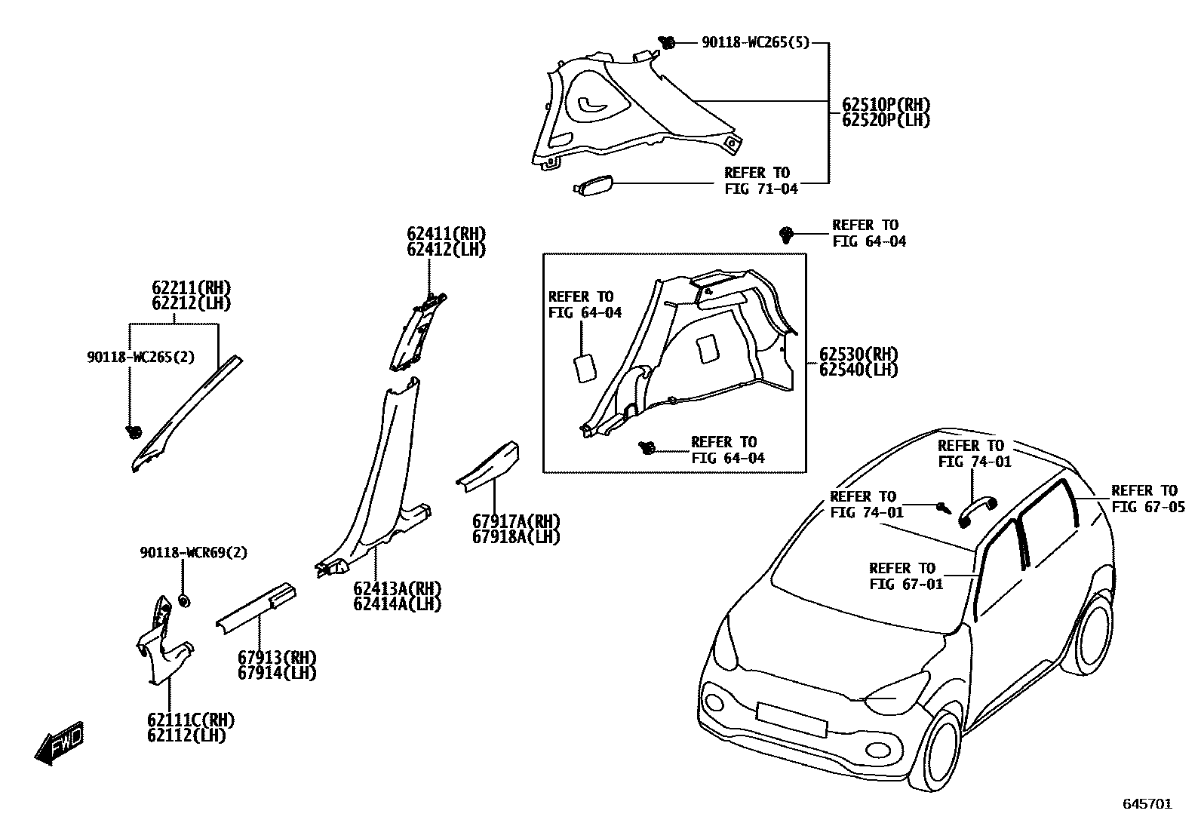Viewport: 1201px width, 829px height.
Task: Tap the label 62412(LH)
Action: point(446,250)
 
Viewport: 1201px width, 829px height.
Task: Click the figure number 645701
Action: point(1147,804)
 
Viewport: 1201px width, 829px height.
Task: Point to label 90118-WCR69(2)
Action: point(193,553)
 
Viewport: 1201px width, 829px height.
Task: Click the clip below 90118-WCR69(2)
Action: point(183,600)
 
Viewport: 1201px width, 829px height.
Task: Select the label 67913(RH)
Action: point(277,657)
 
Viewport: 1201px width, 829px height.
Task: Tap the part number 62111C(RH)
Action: point(192,720)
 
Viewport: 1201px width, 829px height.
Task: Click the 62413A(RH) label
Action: point(397,588)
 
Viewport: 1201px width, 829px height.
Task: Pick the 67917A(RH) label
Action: point(516,521)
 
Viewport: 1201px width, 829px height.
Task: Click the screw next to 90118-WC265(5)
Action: point(668,43)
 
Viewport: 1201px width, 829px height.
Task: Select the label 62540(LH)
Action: point(859,370)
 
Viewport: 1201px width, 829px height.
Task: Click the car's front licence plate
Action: point(791,718)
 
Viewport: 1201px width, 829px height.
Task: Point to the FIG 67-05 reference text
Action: point(1148,507)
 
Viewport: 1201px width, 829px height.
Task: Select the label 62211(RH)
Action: point(191,287)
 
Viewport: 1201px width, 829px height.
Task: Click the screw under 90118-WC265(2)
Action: point(134,431)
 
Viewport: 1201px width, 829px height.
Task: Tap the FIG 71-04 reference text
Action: point(760,189)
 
